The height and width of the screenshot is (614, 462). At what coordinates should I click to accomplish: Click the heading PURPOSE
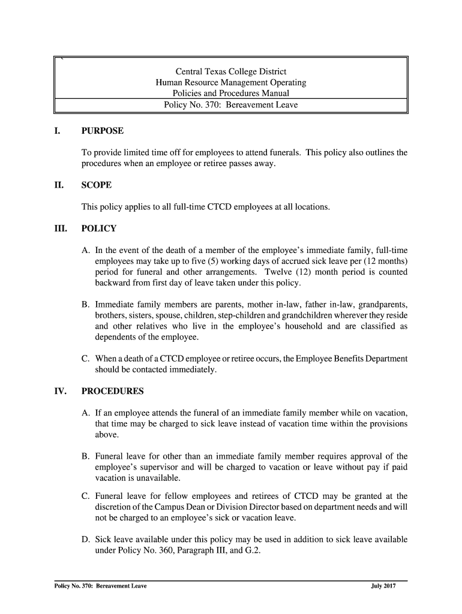pos(103,131)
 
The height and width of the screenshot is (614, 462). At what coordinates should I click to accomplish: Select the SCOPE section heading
pos(97,185)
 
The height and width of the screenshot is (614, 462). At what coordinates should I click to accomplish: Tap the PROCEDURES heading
pos(113,392)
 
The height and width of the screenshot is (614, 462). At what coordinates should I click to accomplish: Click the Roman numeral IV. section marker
pos(60,392)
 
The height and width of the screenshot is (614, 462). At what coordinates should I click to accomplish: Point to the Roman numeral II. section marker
pos(59,185)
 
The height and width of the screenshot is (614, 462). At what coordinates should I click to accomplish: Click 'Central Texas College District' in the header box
pos(231,71)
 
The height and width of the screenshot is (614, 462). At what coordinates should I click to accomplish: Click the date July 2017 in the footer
pos(383,586)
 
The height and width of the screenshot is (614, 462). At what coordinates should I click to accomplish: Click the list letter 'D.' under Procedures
pos(86,539)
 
